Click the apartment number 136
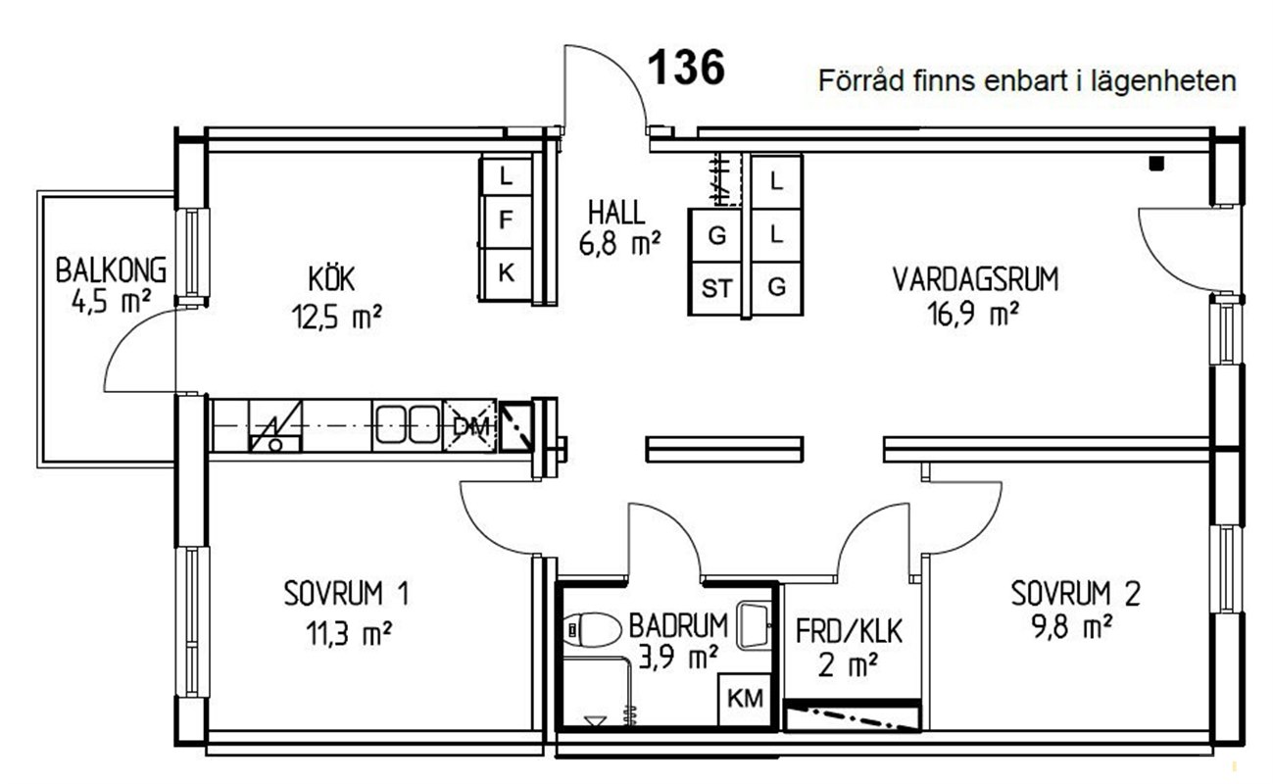point(686,67)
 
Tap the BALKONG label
point(112,269)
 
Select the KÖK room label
point(331,278)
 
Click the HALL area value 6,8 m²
point(620,244)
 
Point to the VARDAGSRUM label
point(975,279)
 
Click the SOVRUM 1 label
point(346,593)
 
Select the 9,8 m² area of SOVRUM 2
point(1072,627)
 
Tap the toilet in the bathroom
point(592,629)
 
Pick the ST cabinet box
point(715,288)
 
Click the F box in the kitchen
point(506,220)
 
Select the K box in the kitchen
point(506,273)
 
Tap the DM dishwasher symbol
point(470,426)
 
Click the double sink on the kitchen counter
point(408,424)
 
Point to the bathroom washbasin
point(754,626)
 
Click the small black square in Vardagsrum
point(1156,164)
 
